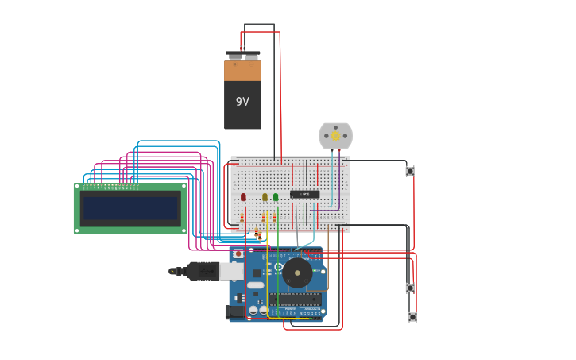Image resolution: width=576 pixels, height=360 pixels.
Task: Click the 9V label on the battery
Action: [242, 102]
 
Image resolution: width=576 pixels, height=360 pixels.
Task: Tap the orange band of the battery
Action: [242, 72]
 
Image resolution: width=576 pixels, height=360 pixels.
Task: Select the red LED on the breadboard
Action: [243, 197]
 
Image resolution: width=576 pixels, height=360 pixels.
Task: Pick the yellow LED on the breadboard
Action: [265, 197]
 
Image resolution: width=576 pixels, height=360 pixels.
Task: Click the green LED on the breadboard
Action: [276, 197]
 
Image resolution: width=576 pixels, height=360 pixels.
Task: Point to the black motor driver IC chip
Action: [304, 194]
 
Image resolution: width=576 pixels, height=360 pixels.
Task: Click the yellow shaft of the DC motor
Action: [336, 136]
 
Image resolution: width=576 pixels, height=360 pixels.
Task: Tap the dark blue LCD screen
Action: [131, 208]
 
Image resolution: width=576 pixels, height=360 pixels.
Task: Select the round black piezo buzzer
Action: [297, 273]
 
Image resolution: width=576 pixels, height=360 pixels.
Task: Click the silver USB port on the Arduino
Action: [231, 271]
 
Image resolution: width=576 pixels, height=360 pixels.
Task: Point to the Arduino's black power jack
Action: [234, 312]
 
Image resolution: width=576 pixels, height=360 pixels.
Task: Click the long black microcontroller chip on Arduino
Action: [295, 300]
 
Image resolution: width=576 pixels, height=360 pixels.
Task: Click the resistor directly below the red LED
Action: [242, 217]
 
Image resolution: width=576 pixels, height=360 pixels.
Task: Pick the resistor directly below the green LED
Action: [274, 217]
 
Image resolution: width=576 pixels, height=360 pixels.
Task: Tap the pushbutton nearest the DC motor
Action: [410, 171]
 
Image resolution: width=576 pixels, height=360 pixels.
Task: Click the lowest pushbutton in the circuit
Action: [412, 317]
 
